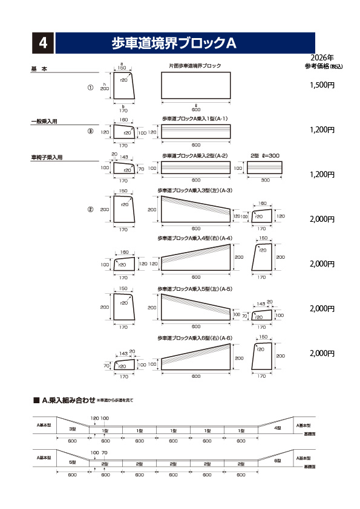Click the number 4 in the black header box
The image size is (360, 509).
point(43,43)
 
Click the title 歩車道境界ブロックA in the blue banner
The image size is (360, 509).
point(174,43)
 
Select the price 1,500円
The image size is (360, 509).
point(322,85)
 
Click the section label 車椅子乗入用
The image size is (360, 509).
point(47,158)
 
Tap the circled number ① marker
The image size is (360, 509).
point(91,88)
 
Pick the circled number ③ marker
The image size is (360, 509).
point(91,131)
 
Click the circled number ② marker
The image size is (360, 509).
point(91,210)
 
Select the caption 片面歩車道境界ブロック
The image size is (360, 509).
point(195,65)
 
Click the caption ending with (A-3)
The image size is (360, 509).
point(195,190)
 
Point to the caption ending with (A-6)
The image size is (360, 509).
point(195,337)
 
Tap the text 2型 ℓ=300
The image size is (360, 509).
point(266,155)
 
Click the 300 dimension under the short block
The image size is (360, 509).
point(265,180)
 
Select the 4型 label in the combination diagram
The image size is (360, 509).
point(277,428)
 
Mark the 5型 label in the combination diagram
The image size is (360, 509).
point(72,462)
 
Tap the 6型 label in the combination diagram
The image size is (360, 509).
point(277,461)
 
